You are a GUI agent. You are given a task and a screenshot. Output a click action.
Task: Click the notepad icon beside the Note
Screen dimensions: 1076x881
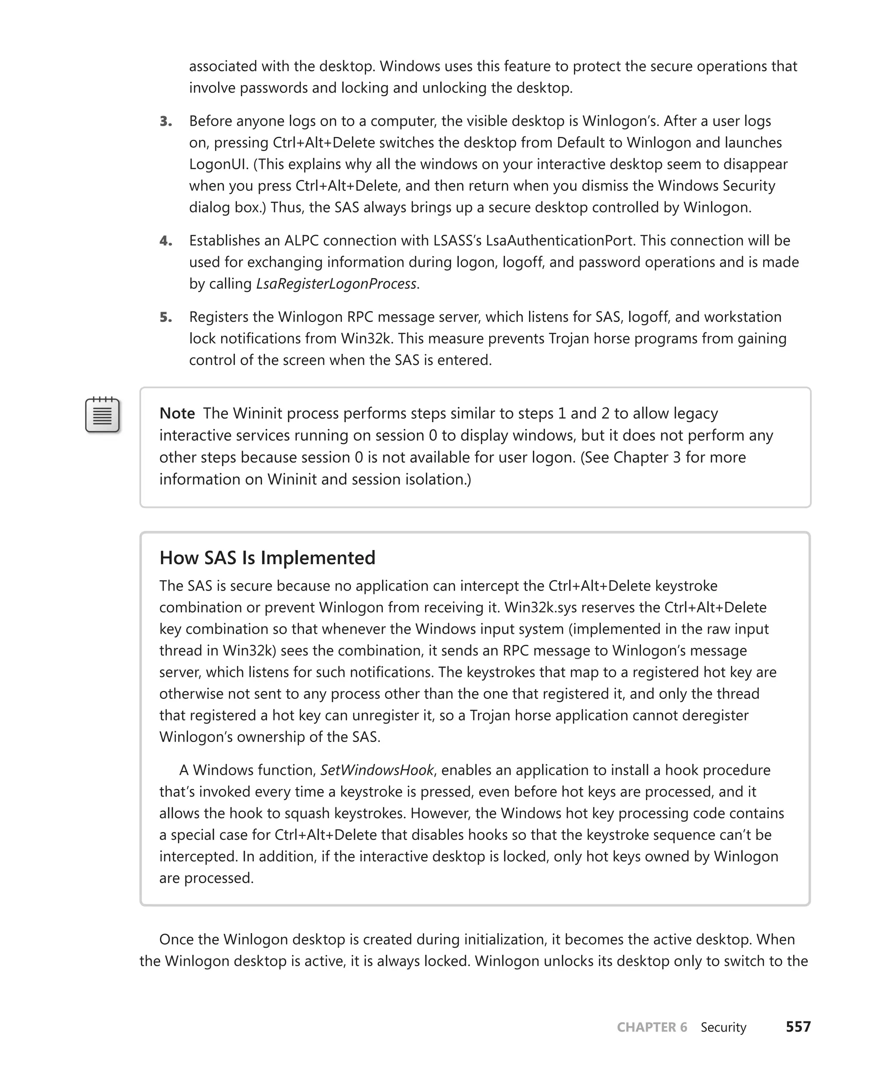(x=102, y=415)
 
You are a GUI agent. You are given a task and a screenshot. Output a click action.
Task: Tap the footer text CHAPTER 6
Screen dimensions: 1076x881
(x=652, y=1027)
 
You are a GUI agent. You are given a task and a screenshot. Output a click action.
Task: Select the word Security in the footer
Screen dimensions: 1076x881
(x=723, y=1027)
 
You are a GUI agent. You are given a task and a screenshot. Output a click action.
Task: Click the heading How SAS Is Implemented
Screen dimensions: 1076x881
(x=267, y=557)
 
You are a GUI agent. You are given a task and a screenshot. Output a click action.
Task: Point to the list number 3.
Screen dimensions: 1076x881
(x=166, y=121)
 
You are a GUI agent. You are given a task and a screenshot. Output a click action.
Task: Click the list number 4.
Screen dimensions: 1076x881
(x=166, y=241)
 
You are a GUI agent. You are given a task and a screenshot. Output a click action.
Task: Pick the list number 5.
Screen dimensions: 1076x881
(x=166, y=317)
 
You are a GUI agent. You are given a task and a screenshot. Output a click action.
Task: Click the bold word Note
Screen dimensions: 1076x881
(x=177, y=413)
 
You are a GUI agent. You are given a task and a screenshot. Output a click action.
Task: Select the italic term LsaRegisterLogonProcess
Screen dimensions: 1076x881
(x=336, y=283)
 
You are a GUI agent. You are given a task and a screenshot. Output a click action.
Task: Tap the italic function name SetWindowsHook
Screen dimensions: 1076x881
(x=376, y=770)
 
